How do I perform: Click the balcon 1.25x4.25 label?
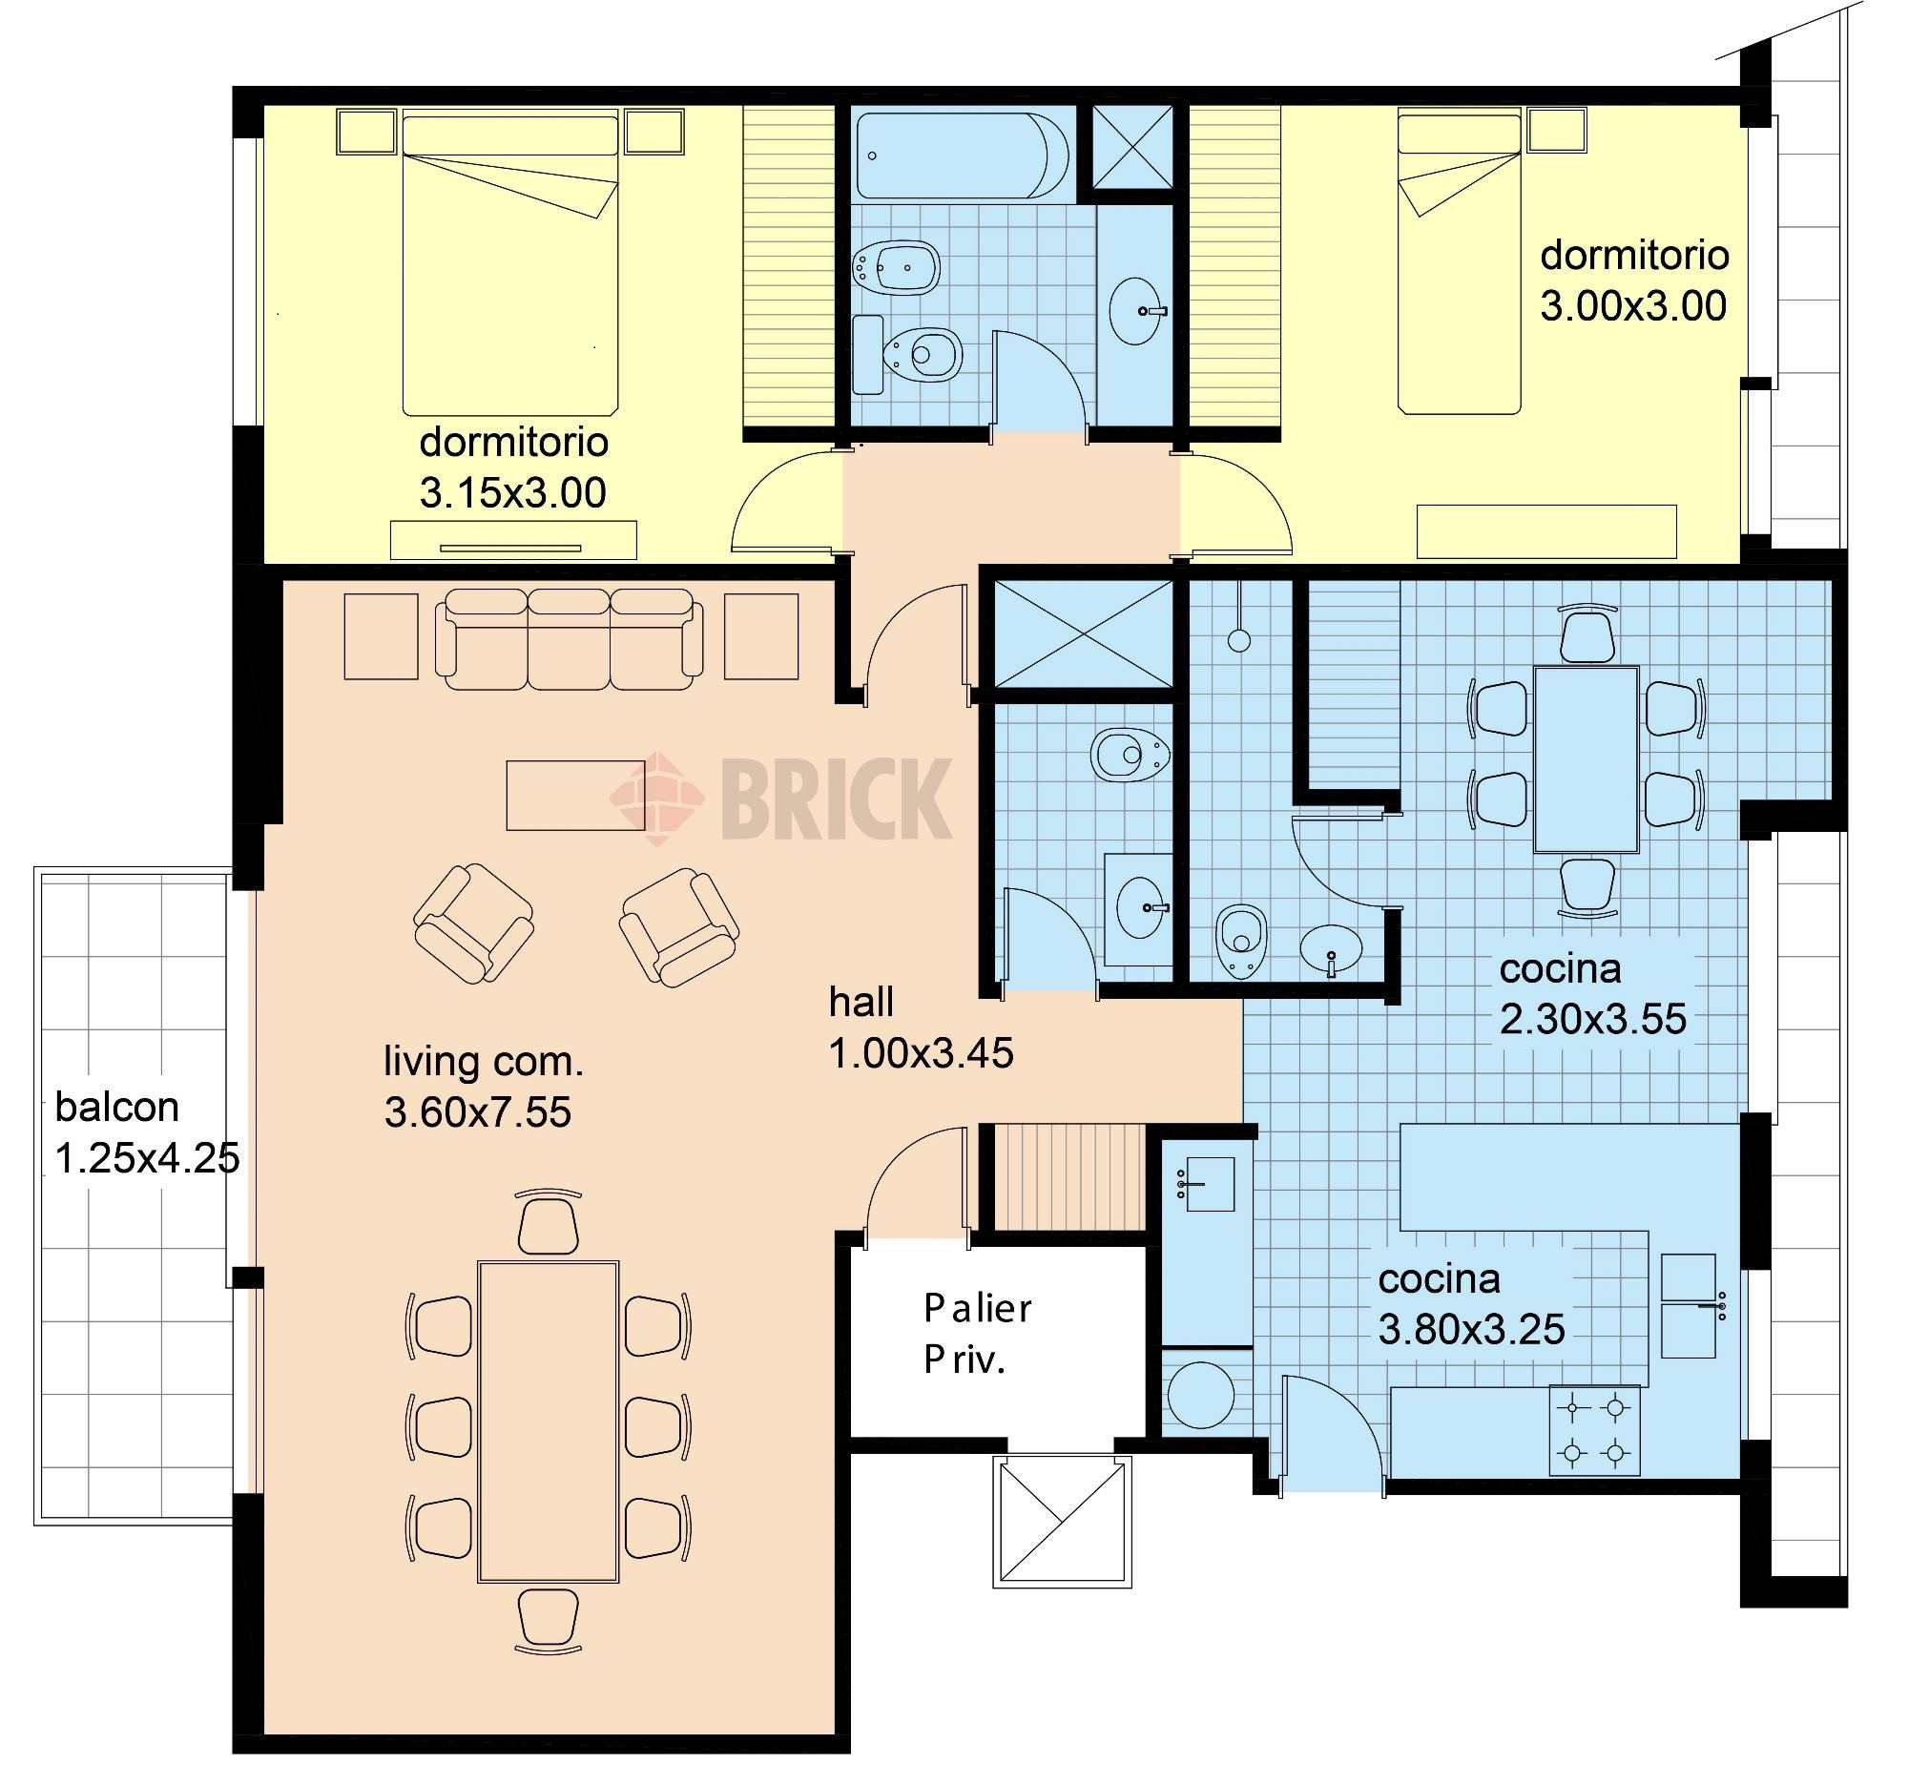click(x=147, y=1132)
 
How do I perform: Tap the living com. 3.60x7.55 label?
click(x=484, y=1087)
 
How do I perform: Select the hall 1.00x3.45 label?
click(x=921, y=1027)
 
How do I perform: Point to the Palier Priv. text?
click(x=977, y=1334)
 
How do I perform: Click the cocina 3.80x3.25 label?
click(x=1471, y=1304)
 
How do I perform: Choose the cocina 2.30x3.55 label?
click(x=1592, y=994)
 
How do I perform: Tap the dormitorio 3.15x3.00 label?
click(x=513, y=467)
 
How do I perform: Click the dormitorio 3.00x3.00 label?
click(x=1634, y=280)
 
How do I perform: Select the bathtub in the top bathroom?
click(x=962, y=156)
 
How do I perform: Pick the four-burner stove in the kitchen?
click(x=1594, y=1430)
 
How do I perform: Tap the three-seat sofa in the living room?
click(x=570, y=639)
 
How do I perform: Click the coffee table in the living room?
click(x=576, y=795)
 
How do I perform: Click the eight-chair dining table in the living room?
click(x=548, y=1422)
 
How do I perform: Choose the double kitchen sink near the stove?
click(x=1689, y=1305)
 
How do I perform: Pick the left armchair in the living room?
click(x=474, y=924)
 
